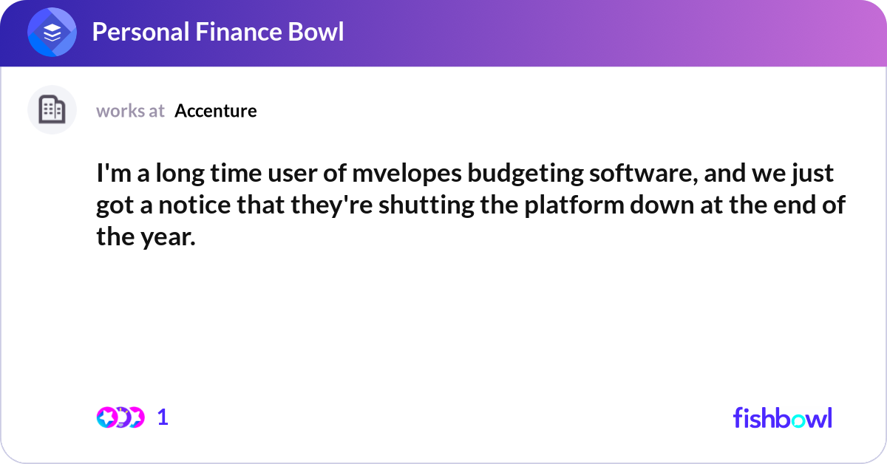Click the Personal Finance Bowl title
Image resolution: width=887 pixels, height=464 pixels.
(x=218, y=32)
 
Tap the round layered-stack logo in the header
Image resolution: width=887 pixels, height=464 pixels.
(x=52, y=32)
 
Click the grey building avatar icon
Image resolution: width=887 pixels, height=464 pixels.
(x=52, y=110)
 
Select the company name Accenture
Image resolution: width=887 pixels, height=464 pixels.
(x=216, y=111)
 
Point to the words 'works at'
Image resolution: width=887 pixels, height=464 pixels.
(x=130, y=111)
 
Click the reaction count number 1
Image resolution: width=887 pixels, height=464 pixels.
(x=163, y=417)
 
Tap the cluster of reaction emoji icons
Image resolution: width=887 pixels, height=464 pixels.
(x=120, y=417)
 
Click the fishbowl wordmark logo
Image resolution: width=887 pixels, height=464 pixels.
(x=782, y=417)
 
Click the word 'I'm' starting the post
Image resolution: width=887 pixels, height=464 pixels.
(x=111, y=174)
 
